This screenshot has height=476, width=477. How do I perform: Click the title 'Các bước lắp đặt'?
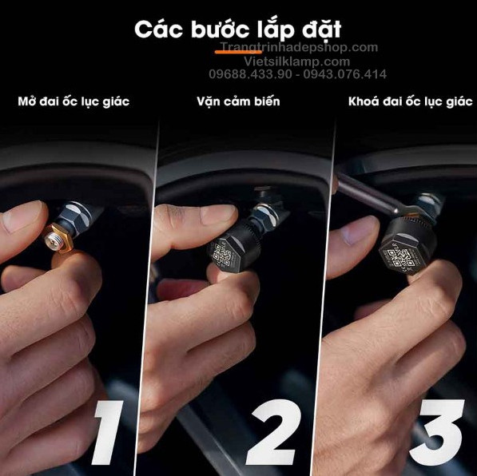coord(237,30)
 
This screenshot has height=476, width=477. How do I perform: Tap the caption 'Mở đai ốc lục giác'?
coord(74,101)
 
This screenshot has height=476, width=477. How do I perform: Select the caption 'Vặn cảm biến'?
coord(238,101)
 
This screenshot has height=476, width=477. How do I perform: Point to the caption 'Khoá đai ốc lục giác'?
coord(411,101)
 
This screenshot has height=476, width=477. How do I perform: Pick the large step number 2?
coord(273,432)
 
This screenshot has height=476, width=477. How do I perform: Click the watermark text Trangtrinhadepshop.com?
coord(299,47)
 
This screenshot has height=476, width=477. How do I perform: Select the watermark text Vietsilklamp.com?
coord(297,61)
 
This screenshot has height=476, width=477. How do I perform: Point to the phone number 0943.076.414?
coord(344,74)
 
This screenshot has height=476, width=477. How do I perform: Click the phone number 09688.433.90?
coord(250,74)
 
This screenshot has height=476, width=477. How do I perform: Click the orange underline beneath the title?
coord(238,52)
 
